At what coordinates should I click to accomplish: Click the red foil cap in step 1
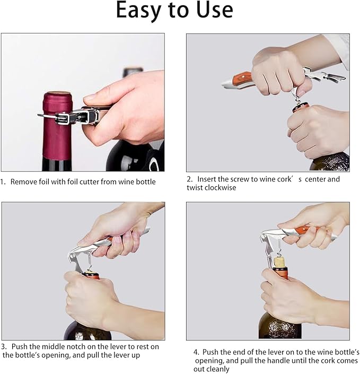tap(57, 125)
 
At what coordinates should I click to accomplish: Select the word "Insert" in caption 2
tap(209, 179)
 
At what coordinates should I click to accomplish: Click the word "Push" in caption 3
tap(21, 346)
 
